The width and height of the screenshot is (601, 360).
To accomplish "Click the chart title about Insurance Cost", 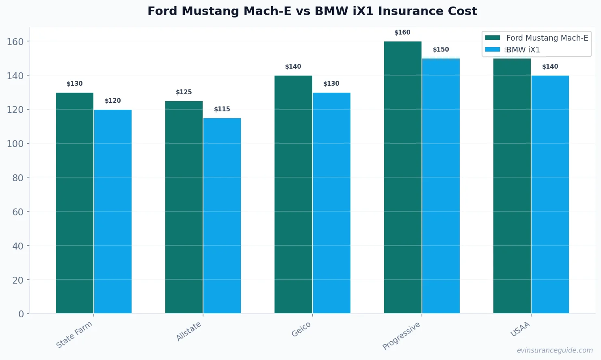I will tap(312, 11).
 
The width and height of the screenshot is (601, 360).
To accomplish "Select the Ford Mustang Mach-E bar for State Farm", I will tap(75, 203).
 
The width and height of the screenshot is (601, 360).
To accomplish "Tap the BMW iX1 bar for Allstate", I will tap(222, 215).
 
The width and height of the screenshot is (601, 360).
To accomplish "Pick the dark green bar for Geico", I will tap(293, 195).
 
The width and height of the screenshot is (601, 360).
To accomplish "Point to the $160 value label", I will tap(402, 33).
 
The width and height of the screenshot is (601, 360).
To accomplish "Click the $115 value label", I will tap(222, 109).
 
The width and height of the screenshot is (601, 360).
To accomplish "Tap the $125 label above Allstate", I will tap(184, 92).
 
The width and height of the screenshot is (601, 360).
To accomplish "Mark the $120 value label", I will tap(113, 101).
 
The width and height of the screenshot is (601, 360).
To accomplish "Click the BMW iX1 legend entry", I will tap(523, 50).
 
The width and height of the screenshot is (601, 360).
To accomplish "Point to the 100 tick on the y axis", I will tap(15, 143).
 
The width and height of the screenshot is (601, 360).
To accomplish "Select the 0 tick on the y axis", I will tap(21, 314).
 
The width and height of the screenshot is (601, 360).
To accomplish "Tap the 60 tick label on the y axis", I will tap(18, 212).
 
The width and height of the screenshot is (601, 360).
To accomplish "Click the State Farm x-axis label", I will tap(74, 334).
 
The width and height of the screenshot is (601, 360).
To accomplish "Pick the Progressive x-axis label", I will tap(401, 336).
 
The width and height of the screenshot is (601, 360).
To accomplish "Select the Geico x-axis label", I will tap(301, 329).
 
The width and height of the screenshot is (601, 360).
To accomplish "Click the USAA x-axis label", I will tap(520, 329).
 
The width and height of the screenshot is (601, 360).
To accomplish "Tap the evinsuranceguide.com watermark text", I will tap(555, 350).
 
